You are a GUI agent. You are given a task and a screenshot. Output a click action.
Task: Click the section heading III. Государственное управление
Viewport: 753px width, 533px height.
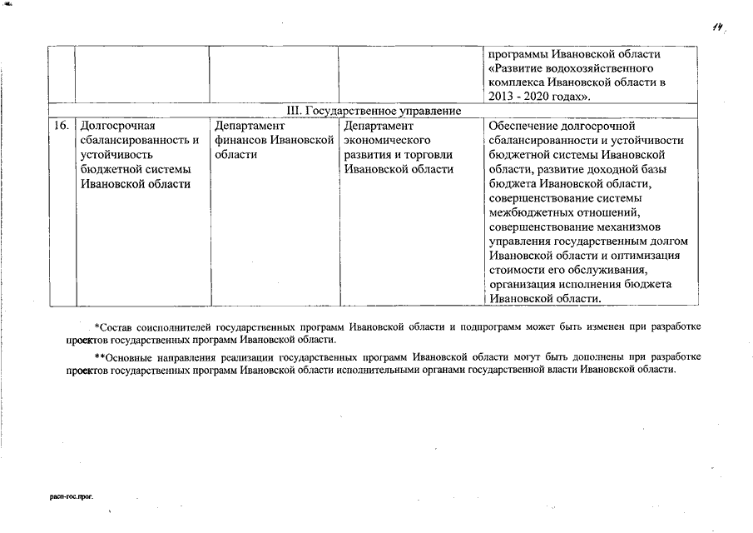pyautogui.click(x=374, y=111)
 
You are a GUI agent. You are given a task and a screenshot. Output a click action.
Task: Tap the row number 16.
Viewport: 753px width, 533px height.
pyautogui.click(x=60, y=126)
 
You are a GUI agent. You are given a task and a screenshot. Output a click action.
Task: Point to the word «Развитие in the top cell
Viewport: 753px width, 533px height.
pyautogui.click(x=517, y=68)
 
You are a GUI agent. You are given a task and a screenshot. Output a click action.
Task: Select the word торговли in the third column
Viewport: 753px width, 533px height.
pyautogui.click(x=426, y=154)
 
